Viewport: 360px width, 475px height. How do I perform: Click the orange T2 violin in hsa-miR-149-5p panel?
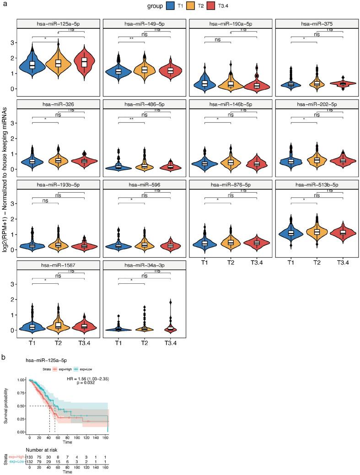point(144,69)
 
